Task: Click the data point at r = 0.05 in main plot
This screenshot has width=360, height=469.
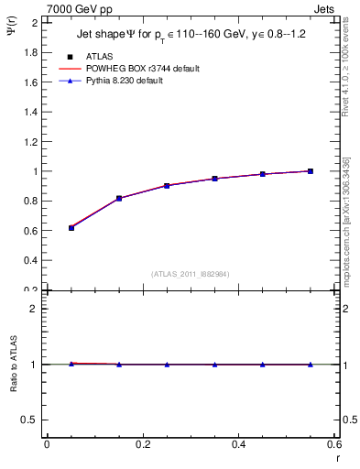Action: click(x=71, y=227)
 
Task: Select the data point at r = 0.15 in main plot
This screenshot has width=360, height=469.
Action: click(x=119, y=198)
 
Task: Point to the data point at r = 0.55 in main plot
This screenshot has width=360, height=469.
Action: click(x=311, y=170)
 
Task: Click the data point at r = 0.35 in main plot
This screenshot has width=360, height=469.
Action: click(x=214, y=179)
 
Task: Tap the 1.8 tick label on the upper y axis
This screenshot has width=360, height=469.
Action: click(x=30, y=52)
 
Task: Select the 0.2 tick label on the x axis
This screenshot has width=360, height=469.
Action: click(x=142, y=444)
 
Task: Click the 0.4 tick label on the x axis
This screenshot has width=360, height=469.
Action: click(x=238, y=444)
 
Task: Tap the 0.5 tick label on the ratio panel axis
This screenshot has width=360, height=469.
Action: click(x=30, y=420)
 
